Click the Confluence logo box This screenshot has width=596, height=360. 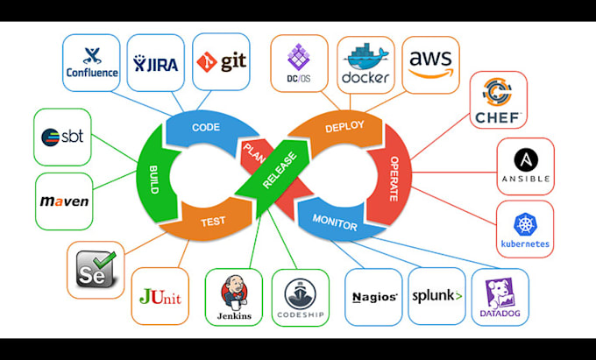(93, 62)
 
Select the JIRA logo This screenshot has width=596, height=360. (155, 62)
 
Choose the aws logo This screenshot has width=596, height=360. (430, 62)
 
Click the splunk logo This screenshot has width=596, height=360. (436, 296)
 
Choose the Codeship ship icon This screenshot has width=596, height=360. (300, 297)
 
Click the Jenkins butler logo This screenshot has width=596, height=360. (233, 297)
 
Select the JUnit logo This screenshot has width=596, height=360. (160, 297)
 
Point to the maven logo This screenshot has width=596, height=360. (64, 201)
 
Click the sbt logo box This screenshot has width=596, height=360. (62, 137)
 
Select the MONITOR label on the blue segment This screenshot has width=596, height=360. (335, 224)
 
